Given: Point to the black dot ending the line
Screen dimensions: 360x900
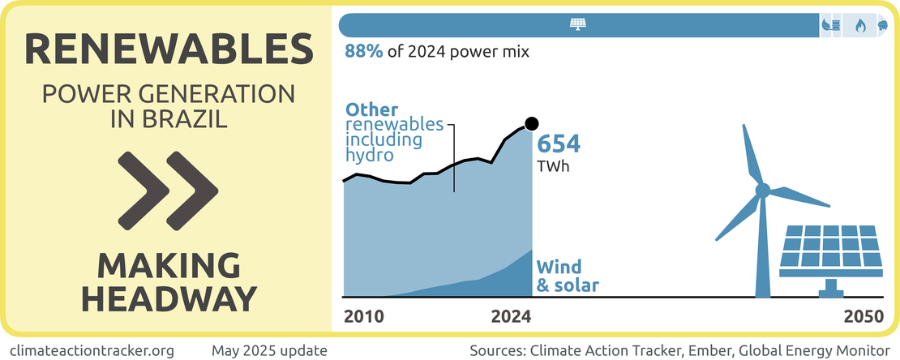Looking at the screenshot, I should click(x=532, y=123).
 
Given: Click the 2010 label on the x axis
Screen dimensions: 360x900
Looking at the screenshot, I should click(x=365, y=316).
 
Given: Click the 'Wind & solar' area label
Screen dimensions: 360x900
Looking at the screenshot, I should click(x=568, y=276).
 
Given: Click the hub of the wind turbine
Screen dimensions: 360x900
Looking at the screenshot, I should click(x=762, y=191).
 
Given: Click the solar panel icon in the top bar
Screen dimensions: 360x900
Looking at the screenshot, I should click(x=578, y=25).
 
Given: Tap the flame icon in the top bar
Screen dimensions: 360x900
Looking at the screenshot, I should click(x=860, y=26).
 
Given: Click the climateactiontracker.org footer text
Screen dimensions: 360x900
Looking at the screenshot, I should click(x=96, y=350).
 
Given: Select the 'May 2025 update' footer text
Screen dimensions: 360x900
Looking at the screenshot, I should click(x=269, y=350).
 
